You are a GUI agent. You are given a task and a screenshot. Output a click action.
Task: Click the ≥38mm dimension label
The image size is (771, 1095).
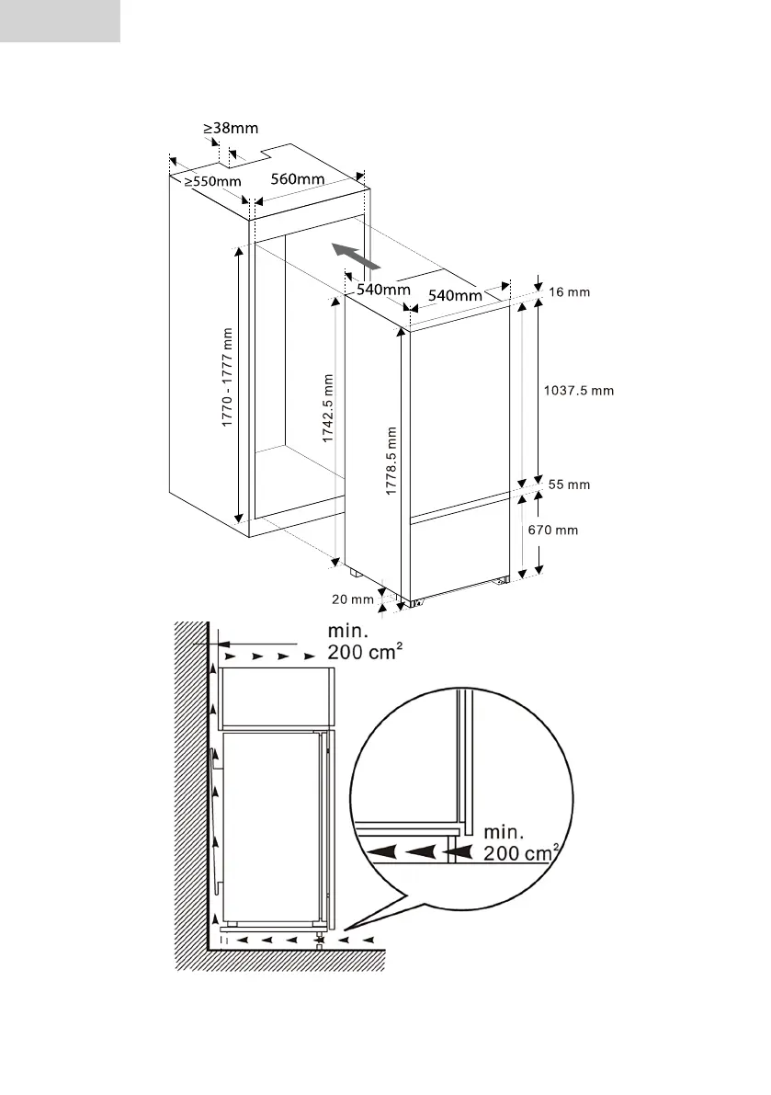pos(231,129)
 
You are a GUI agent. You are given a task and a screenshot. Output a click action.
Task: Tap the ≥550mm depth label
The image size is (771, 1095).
pos(212,181)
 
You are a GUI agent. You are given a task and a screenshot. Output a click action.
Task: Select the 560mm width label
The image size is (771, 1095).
pos(299,178)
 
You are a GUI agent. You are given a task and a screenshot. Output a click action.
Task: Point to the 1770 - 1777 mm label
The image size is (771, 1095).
pos(227,379)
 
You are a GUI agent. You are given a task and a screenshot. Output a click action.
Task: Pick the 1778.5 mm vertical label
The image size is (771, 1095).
pos(391,460)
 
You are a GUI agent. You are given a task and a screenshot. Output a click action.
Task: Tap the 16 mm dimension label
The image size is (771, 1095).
pos(569,292)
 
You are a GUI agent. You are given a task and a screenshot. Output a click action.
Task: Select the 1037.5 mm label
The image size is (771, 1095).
pos(579,390)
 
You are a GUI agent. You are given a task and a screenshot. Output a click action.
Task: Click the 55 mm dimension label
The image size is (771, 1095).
pos(569,484)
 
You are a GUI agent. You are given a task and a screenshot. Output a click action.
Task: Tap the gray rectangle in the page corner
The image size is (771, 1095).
pos(60,21)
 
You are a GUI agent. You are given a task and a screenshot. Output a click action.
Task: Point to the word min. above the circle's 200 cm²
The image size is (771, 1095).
pos(503,831)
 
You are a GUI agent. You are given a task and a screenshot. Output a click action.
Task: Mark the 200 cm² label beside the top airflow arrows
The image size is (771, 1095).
pos(366,652)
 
